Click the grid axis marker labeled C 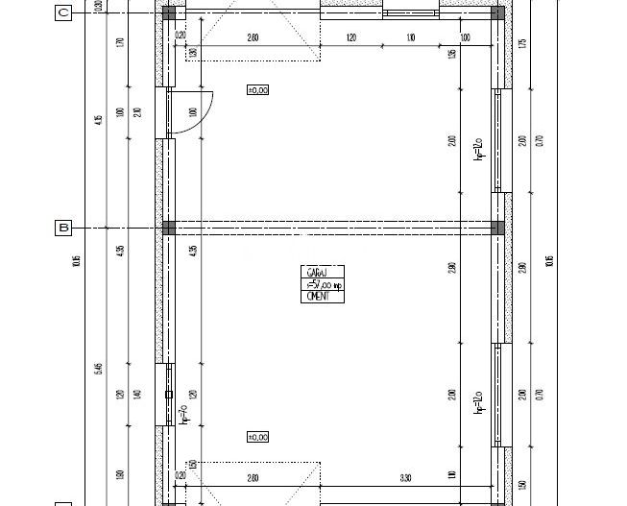pyautogui.click(x=63, y=12)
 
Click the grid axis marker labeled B pyautogui.click(x=63, y=228)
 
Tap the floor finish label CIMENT pyautogui.click(x=318, y=297)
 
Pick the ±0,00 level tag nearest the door pyautogui.click(x=257, y=89)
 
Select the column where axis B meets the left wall pyautogui.click(x=169, y=228)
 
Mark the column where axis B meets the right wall pyautogui.click(x=497, y=228)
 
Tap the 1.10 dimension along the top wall pyautogui.click(x=411, y=37)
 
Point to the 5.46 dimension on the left pyautogui.click(x=100, y=369)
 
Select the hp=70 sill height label pyautogui.click(x=183, y=415)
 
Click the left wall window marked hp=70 pyautogui.click(x=169, y=395)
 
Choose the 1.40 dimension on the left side pyautogui.click(x=137, y=395)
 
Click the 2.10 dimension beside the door pyautogui.click(x=137, y=112)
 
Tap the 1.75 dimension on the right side pyautogui.click(x=522, y=43)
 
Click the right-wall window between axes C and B pyautogui.click(x=497, y=140)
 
